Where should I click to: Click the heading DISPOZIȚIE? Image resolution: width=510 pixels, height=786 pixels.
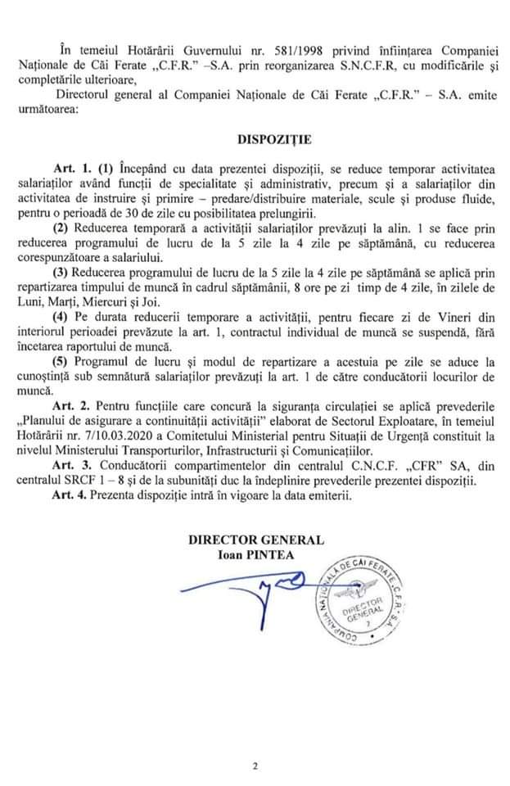click(x=255, y=139)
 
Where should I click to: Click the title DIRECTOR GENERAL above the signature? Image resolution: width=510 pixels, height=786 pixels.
click(x=255, y=540)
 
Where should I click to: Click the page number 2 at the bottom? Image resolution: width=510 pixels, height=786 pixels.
click(x=255, y=767)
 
